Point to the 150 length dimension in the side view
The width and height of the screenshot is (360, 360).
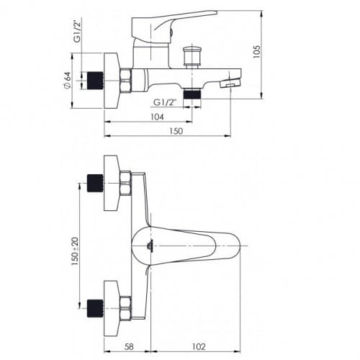pyautogui.click(x=176, y=132)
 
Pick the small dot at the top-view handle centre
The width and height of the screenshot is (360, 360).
pyautogui.click(x=148, y=246)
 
